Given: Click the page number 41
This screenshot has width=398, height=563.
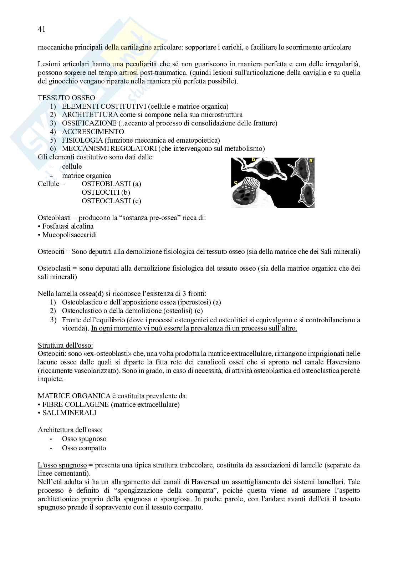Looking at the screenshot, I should (x=41, y=30).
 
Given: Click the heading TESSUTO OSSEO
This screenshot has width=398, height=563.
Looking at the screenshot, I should (x=66, y=98).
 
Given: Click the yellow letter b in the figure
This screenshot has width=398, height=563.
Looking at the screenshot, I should (x=254, y=160).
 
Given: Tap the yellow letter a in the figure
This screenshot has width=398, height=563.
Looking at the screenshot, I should (x=311, y=161).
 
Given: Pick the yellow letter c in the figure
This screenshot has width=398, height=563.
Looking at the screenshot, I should (x=236, y=183).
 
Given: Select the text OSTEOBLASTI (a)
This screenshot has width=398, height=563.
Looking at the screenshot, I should (x=111, y=184).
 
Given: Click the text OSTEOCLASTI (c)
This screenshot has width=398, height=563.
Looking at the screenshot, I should (x=111, y=201).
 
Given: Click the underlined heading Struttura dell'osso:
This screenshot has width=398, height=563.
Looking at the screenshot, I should (x=66, y=346).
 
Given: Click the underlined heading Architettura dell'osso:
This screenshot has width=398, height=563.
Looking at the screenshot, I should (x=70, y=430).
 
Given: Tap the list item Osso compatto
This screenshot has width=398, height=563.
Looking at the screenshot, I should (x=84, y=448).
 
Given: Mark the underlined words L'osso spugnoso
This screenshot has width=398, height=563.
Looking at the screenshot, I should (x=62, y=465).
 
